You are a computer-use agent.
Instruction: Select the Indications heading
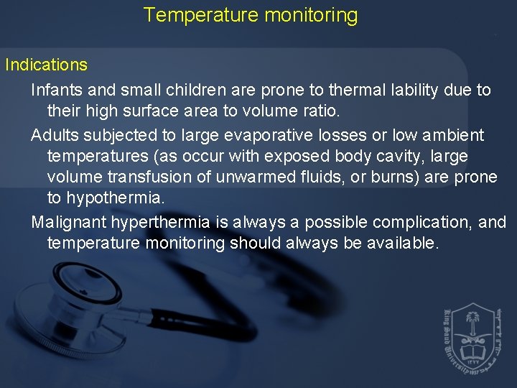pos(46,65)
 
